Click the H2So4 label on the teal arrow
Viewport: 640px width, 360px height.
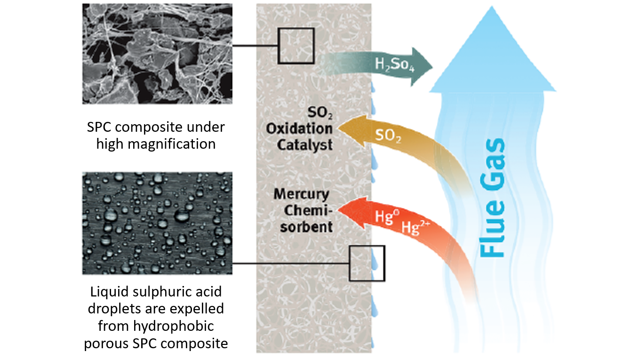[394, 64]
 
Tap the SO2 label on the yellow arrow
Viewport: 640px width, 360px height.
[388, 136]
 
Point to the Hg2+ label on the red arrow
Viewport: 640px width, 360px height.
[416, 227]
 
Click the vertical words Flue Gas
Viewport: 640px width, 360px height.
[492, 198]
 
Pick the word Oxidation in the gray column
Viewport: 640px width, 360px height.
[299, 129]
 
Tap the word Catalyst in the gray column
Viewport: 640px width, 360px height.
[304, 145]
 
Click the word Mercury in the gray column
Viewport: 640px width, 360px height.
[302, 194]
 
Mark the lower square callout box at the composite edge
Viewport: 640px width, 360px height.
[350, 263]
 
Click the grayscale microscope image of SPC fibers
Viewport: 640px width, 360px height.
[157, 54]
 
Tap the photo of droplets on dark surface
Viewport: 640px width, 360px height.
[157, 223]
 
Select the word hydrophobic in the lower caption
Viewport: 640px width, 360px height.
[174, 326]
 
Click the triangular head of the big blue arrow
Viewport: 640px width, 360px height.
[493, 49]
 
